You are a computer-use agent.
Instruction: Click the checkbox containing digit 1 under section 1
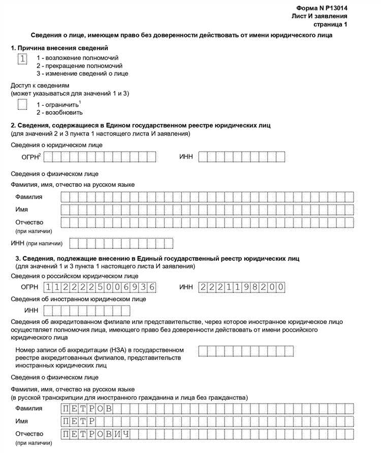tap(22, 59)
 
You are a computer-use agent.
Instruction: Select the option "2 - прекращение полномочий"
tap(79, 66)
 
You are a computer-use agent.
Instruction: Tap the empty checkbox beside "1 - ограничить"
tap(22, 105)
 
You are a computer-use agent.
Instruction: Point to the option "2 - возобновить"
tap(59, 112)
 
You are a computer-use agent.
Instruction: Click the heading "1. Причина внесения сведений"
tap(59, 48)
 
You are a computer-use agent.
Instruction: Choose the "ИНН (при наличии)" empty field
tap(121, 243)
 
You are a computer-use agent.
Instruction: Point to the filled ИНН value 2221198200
tap(242, 287)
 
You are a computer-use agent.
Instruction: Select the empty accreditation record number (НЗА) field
tap(245, 351)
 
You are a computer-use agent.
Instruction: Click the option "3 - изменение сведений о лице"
tap(82, 74)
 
